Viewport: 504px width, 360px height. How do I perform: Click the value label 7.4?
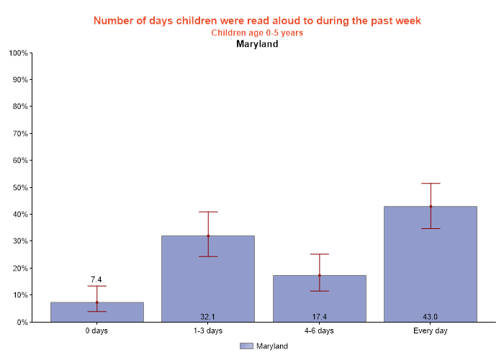[97, 279]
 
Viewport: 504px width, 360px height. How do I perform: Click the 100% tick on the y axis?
[18, 53]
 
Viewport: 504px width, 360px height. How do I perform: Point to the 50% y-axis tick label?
[19, 188]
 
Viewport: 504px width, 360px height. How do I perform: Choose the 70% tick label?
[19, 134]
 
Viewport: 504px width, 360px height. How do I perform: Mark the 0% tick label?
[22, 323]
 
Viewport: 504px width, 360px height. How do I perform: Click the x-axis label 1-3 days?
[208, 331]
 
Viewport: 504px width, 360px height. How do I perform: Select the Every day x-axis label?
[431, 331]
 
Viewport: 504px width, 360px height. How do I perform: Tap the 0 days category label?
[97, 331]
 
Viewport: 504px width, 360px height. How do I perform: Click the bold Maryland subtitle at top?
[257, 44]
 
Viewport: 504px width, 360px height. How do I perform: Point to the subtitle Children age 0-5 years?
[257, 32]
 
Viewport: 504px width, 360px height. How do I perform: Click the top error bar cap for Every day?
[431, 184]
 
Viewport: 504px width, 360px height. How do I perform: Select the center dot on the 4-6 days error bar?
[319, 275]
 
